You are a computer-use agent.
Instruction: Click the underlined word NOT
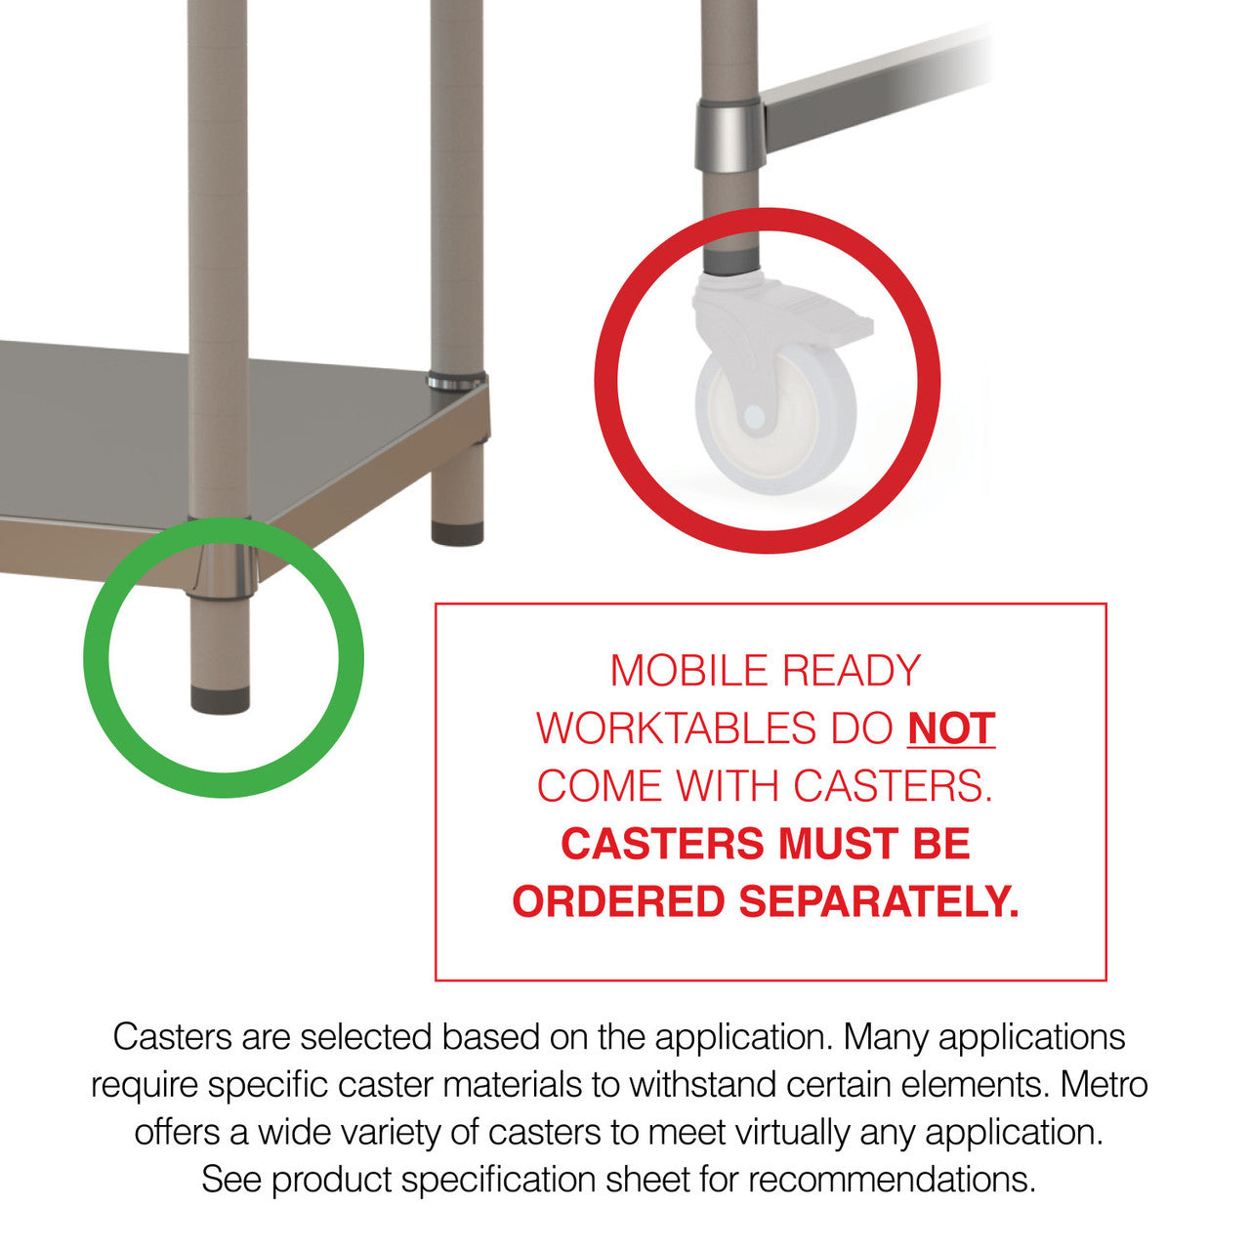tap(951, 729)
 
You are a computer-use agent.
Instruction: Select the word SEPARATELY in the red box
tap(879, 901)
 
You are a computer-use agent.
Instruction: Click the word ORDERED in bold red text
tap(619, 901)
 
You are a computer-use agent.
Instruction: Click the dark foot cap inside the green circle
tap(220, 699)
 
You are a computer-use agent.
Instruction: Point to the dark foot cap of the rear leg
tap(457, 533)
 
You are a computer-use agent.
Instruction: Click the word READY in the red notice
tap(852, 671)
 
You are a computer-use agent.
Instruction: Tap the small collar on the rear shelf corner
tap(456, 381)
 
